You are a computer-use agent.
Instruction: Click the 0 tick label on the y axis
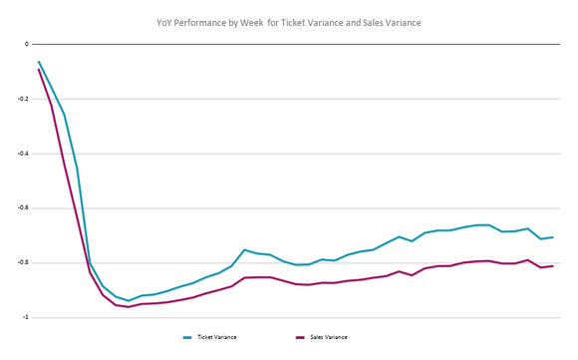27,44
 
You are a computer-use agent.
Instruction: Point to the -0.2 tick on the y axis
23,99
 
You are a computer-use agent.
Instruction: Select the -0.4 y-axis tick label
23,154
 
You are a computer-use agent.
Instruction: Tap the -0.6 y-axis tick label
23,208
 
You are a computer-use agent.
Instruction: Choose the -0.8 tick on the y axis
23,262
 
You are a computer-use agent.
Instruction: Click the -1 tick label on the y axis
25,317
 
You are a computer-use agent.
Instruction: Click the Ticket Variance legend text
217,338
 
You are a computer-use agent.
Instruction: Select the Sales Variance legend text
330,338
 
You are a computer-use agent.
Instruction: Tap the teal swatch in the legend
187,338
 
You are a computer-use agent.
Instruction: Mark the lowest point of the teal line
129,300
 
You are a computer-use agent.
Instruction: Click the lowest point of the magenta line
129,307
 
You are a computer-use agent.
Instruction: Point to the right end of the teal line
553,237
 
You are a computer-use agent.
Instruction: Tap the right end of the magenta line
553,265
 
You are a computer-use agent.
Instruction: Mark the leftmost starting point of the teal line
39,62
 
